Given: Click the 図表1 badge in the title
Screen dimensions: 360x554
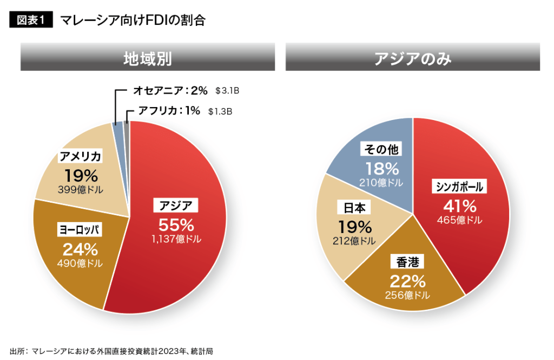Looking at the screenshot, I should [30, 21].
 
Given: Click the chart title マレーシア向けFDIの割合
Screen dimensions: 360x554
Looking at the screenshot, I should [133, 21].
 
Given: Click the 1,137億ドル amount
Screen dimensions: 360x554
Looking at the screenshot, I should [176, 239].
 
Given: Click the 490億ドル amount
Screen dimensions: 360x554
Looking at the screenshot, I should [80, 263].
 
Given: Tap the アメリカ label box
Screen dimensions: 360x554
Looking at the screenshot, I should [81, 157].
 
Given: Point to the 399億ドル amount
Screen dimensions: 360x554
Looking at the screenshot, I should [81, 190].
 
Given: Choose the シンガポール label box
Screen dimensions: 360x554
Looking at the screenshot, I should [459, 187].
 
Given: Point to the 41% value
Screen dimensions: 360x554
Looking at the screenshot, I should [459, 205].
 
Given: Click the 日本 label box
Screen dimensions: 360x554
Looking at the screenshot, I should [355, 208].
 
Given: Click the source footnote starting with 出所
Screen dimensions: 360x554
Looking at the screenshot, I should [111, 351].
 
